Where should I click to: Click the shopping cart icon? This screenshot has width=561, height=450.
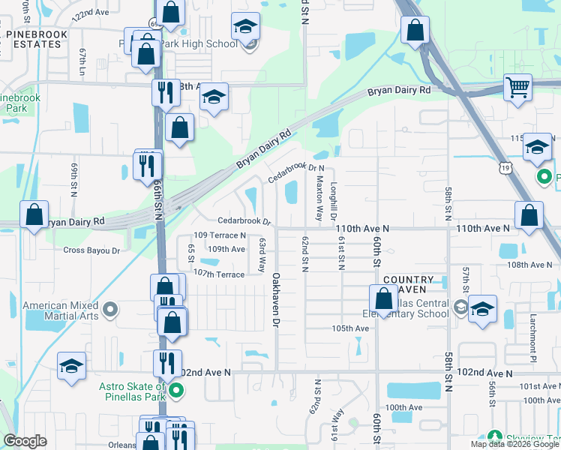[517, 87]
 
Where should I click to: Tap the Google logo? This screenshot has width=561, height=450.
[25, 441]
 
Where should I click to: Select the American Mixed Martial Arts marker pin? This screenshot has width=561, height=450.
[110, 308]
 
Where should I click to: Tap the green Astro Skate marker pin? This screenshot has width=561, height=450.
[176, 390]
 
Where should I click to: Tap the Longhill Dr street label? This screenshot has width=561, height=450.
[333, 200]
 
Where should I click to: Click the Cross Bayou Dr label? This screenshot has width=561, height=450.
[91, 250]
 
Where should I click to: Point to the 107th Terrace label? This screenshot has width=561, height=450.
[219, 274]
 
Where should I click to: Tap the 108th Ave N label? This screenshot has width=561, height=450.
[529, 265]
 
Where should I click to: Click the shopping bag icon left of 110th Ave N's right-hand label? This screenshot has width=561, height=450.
[529, 215]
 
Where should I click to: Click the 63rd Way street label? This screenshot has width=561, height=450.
[262, 255]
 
